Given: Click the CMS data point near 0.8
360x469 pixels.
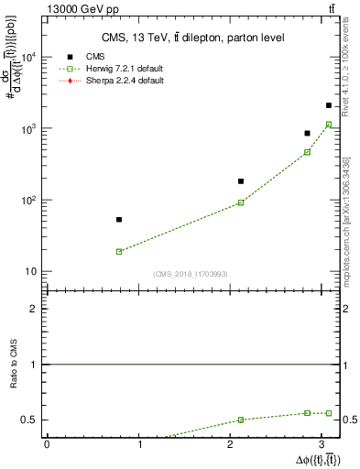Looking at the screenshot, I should click(x=119, y=220).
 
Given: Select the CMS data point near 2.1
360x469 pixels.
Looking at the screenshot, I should click(x=241, y=181).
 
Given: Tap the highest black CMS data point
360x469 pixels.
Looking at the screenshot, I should click(x=329, y=105).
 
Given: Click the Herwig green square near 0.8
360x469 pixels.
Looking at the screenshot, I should click(x=119, y=251).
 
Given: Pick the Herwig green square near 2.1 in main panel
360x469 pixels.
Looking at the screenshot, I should click(x=241, y=202).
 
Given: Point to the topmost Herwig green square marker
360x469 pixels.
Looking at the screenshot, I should click(x=329, y=125).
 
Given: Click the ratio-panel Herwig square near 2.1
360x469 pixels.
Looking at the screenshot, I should click(x=241, y=420).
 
